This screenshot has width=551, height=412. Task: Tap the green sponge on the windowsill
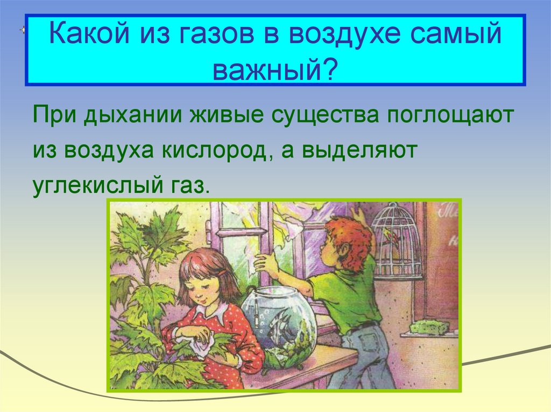tap(429, 327)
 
